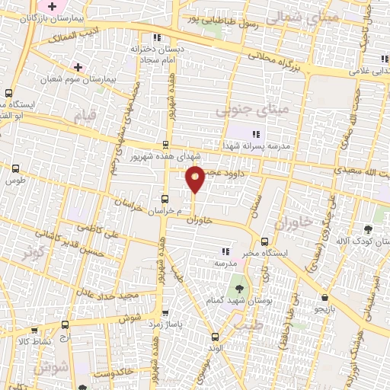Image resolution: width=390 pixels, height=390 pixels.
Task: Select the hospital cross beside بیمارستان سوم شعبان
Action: tap(78, 66)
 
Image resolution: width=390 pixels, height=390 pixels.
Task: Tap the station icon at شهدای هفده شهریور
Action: tap(166, 145)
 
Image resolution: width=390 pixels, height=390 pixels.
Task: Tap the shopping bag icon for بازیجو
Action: tap(326, 297)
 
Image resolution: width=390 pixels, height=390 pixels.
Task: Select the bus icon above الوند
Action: tap(215, 336)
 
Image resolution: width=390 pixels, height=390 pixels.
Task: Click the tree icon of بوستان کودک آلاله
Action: tap(368, 229)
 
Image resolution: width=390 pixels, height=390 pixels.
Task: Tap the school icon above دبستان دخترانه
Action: tap(156, 37)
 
